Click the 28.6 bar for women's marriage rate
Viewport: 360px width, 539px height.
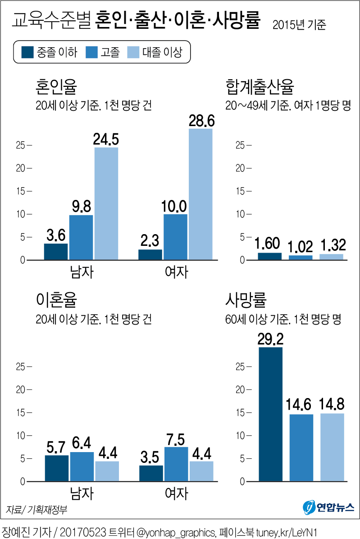tap(201, 194)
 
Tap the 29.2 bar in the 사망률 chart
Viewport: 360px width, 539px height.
tap(271, 414)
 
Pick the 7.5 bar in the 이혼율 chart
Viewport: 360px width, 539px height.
tap(176, 464)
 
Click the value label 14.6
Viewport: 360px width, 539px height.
tap(301, 405)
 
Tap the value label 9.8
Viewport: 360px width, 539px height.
tap(81, 207)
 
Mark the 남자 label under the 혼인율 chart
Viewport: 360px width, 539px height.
tap(82, 272)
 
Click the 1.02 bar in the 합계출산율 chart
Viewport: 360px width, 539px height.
tap(301, 257)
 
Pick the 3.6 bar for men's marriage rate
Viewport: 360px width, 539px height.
tap(56, 251)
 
